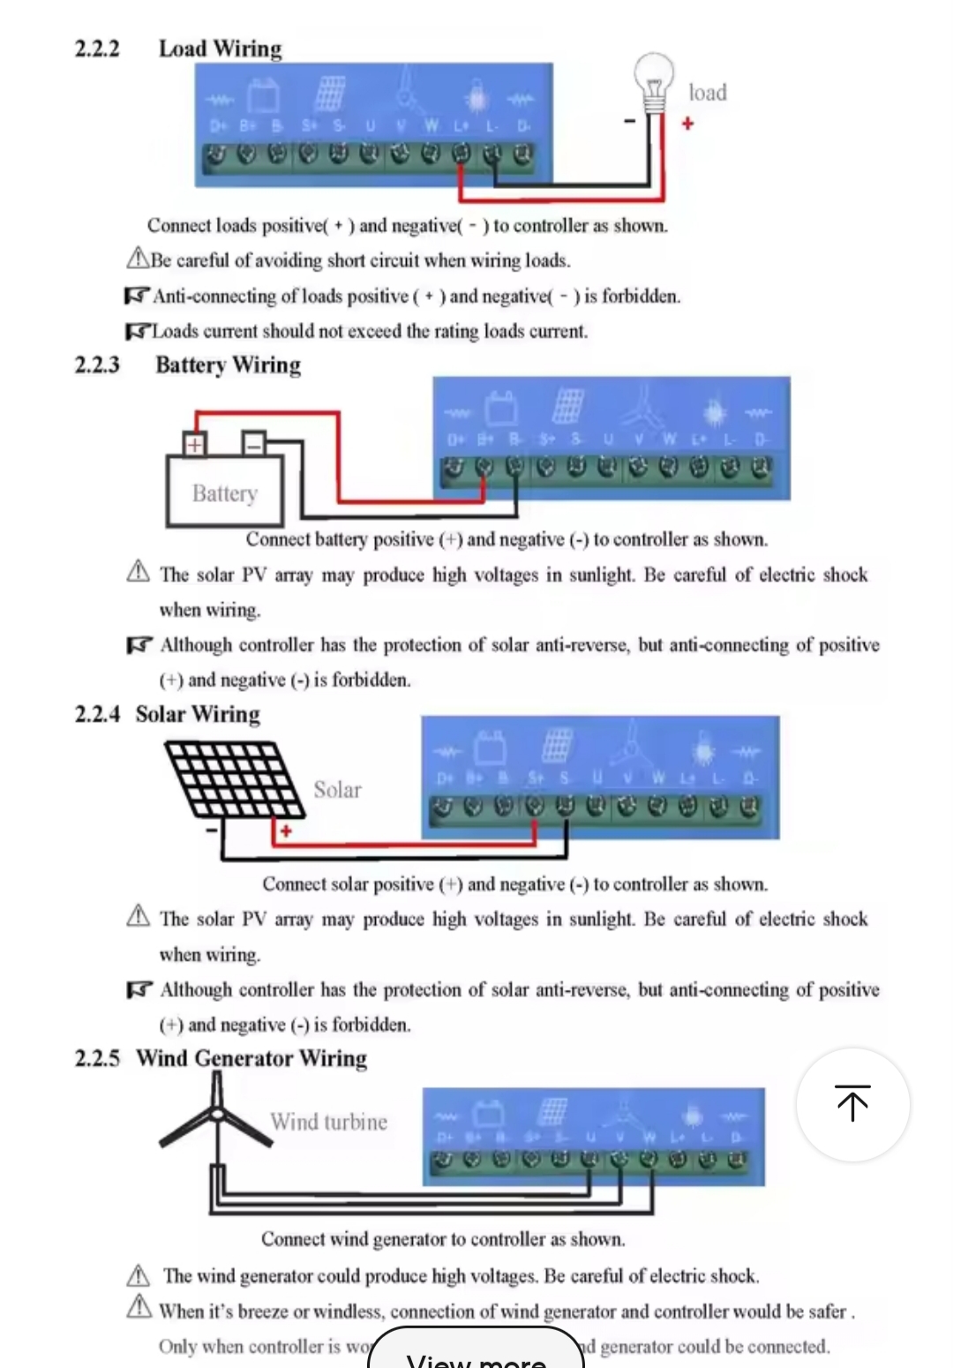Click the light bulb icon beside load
[x=654, y=81]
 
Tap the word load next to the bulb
[x=708, y=93]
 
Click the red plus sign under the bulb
[x=687, y=124]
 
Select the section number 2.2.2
[x=97, y=49]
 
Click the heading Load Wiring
[x=221, y=49]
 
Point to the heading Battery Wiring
[x=228, y=365]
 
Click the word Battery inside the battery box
[x=225, y=492]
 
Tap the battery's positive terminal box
[x=195, y=443]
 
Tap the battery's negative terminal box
[x=254, y=443]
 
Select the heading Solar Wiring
[x=198, y=714]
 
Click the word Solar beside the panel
[x=338, y=790]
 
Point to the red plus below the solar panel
[x=286, y=831]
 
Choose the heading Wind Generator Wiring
[x=251, y=1058]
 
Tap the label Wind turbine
[x=329, y=1122]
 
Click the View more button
[x=476, y=1355]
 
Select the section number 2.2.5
[x=97, y=1058]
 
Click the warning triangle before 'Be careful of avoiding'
[x=138, y=259]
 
